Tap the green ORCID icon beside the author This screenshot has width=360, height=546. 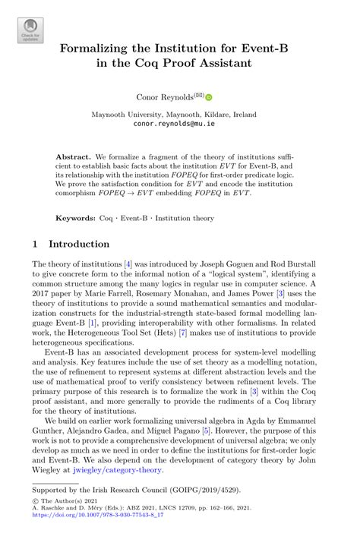click(x=209, y=97)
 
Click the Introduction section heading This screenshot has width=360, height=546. click(x=80, y=245)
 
